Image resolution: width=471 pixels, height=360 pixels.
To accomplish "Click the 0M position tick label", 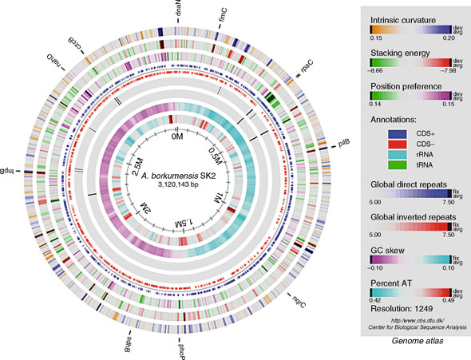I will pyautogui.click(x=178, y=137).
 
